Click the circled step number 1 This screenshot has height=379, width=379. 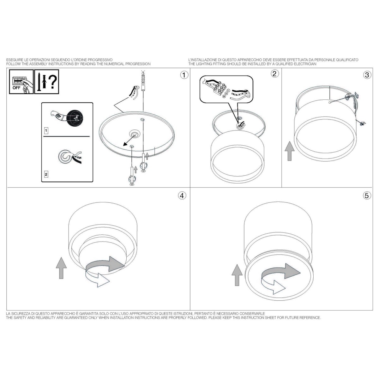184,75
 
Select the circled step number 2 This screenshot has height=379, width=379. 275,74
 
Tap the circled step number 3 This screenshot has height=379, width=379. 367,75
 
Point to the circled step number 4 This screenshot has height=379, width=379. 182,196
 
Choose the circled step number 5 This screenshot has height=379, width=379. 367,196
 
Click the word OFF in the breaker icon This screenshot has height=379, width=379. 16,88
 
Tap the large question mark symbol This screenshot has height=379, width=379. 53,82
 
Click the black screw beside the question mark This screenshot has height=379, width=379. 39,82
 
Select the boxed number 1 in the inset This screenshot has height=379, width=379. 46,130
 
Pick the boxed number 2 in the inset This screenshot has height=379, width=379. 46,174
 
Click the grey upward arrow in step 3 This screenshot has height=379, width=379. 290,151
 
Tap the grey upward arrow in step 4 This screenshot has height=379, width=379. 61,268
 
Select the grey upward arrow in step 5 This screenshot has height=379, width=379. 237,275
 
